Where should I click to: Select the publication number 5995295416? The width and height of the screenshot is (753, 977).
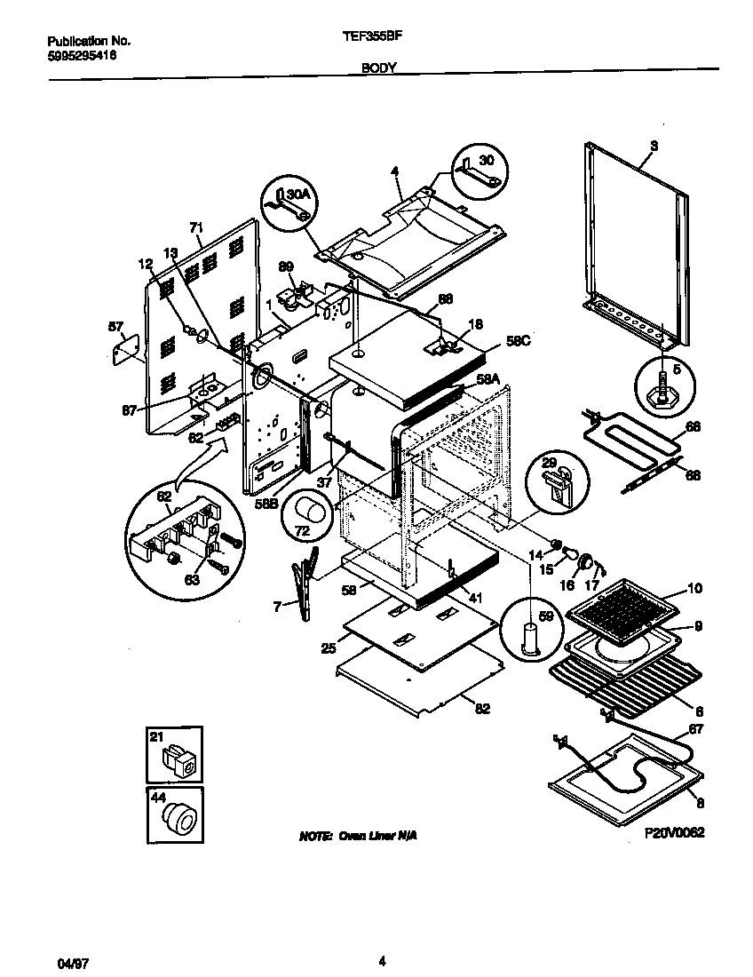[x=82, y=55]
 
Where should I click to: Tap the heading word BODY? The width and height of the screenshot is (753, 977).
[x=378, y=68]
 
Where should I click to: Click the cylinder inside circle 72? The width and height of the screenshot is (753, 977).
[x=311, y=514]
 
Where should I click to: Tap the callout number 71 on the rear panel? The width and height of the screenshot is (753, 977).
[x=196, y=227]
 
